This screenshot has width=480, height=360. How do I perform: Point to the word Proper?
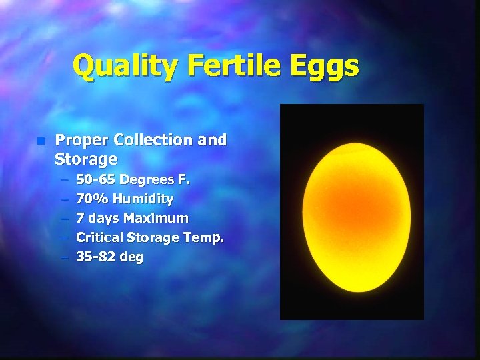point(83,141)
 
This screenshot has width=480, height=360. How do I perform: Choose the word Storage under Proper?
point(86,160)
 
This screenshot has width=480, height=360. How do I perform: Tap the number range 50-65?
point(96,179)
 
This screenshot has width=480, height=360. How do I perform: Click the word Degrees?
point(148,179)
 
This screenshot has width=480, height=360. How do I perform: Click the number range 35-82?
point(96,257)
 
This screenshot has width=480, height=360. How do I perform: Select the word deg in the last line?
point(131,257)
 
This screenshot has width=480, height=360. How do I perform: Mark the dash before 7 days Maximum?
point(63,218)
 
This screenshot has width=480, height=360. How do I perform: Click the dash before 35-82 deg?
point(63,257)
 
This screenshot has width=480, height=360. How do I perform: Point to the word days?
point(103,219)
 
